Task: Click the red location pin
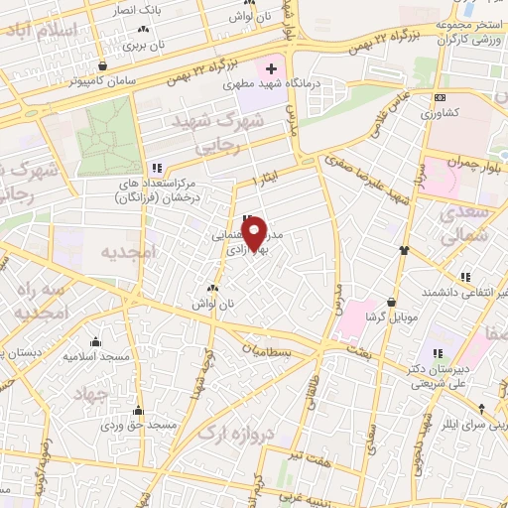[255, 233]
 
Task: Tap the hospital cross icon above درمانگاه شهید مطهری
[271, 68]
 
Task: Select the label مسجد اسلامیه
[93, 354]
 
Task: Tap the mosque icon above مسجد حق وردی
[137, 410]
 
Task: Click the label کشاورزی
[442, 112]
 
